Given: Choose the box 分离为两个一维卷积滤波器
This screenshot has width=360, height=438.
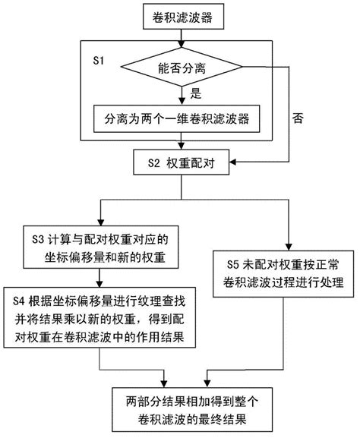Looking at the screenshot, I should coord(180,118).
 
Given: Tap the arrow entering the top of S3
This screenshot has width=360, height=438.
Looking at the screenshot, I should coord(100,217).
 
